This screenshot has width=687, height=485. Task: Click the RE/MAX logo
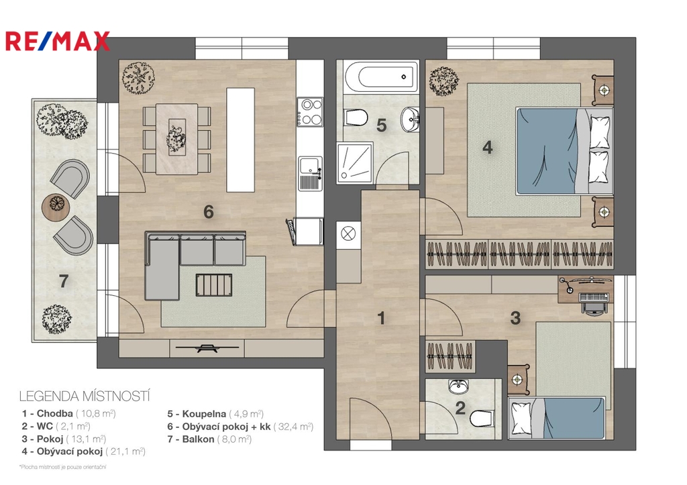click(x=58, y=41)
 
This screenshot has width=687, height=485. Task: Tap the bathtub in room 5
click(x=381, y=76)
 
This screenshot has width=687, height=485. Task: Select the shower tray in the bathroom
click(x=355, y=162)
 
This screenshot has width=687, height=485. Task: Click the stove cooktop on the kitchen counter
click(x=310, y=112)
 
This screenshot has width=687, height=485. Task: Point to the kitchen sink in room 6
click(x=310, y=174)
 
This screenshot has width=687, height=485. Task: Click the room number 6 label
click(x=209, y=212)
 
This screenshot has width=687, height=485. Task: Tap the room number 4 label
click(x=487, y=147)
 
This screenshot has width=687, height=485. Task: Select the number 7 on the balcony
click(x=64, y=281)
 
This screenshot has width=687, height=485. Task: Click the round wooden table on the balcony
click(x=56, y=205)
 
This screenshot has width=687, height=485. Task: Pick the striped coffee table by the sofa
click(x=214, y=285)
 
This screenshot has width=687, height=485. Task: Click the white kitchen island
click(x=241, y=140)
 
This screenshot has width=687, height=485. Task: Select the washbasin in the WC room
click(x=459, y=386)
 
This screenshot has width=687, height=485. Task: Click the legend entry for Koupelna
click(x=215, y=414)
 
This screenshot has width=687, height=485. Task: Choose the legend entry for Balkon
click(x=209, y=439)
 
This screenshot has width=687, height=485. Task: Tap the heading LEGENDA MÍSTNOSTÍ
click(x=85, y=396)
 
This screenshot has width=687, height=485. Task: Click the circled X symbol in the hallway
click(x=348, y=233)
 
